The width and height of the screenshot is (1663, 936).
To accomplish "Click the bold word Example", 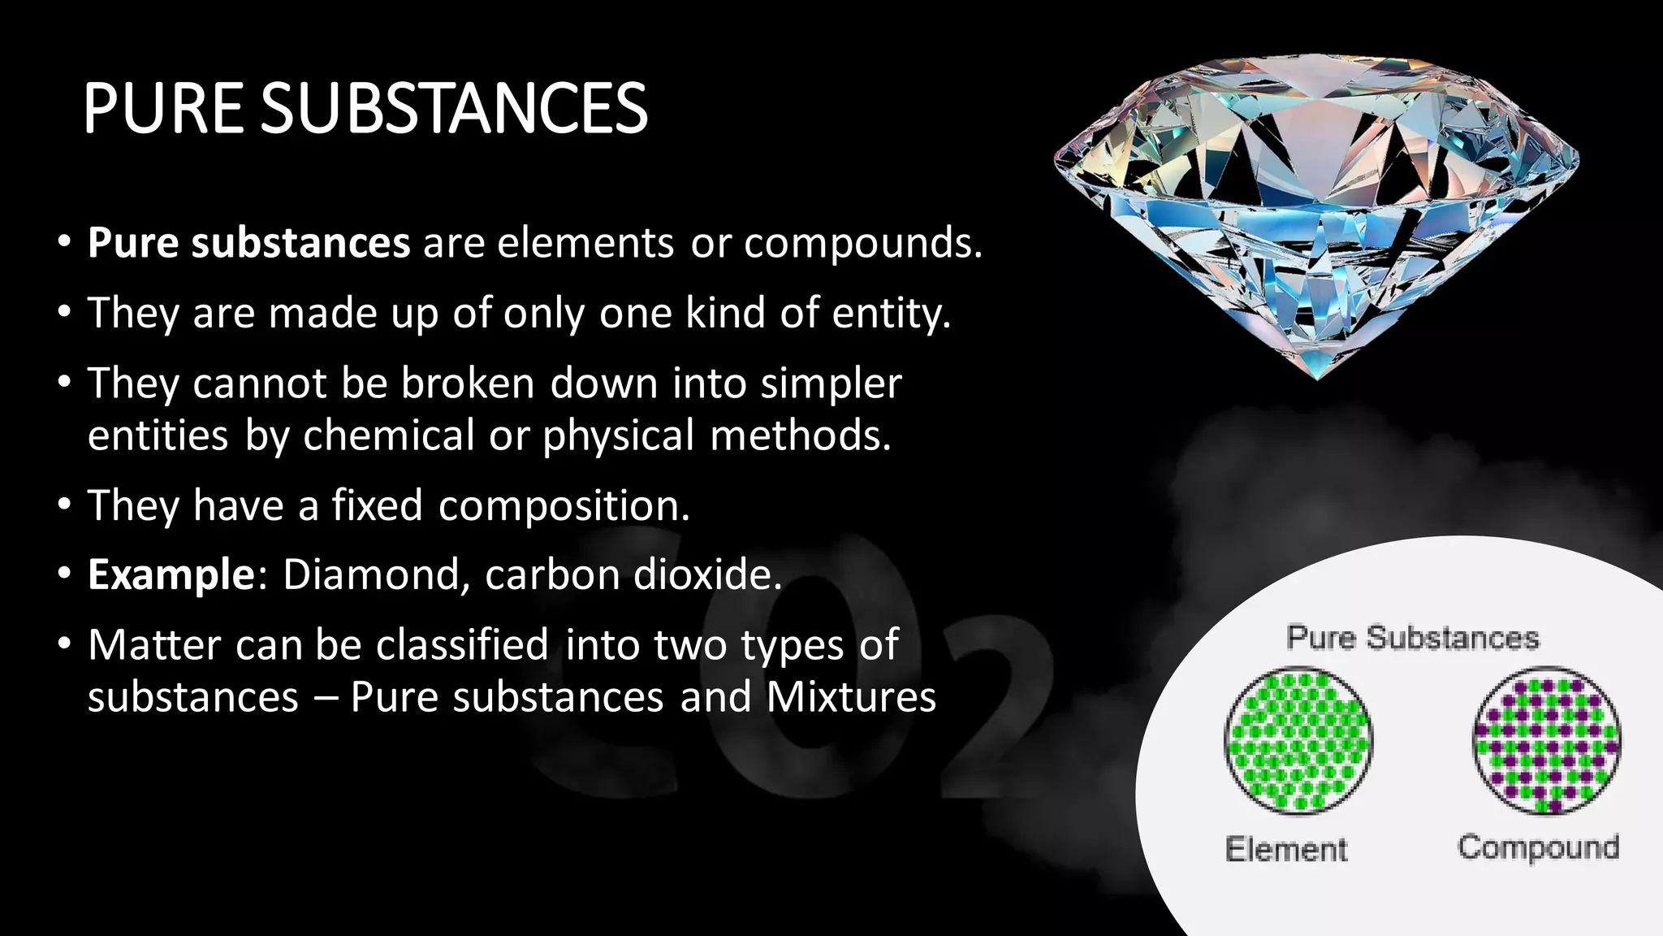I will [x=171, y=574].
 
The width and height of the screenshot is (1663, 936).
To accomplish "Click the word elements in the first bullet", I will [x=585, y=243].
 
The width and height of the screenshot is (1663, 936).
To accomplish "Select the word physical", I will [x=618, y=435].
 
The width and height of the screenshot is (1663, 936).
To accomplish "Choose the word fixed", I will [x=377, y=505].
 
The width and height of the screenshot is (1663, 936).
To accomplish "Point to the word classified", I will [x=462, y=645].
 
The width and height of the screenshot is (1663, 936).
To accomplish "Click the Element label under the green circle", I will [x=1286, y=849].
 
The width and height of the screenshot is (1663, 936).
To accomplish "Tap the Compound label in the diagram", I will [x=1538, y=847].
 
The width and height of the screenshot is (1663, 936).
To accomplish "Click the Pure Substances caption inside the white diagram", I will [x=1413, y=638].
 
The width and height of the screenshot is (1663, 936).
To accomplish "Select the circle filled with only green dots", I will [x=1298, y=741].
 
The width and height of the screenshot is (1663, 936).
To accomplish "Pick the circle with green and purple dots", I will [x=1546, y=741].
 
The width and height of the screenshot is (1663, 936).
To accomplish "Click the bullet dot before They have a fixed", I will [x=64, y=505].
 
